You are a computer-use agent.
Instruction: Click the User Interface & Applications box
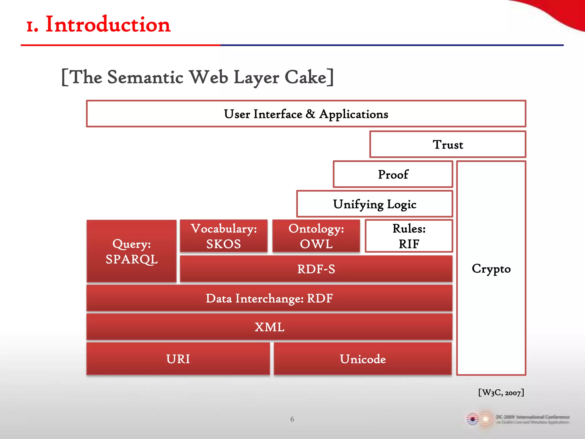click(306, 114)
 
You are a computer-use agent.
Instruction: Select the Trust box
click(448, 144)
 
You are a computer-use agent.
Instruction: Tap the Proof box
click(393, 174)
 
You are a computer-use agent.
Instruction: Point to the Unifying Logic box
click(374, 204)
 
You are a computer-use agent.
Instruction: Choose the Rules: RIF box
click(409, 236)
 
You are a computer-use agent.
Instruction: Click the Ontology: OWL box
click(316, 236)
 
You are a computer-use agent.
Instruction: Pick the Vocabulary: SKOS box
click(224, 236)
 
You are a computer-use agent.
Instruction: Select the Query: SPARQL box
click(131, 251)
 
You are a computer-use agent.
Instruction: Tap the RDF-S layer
click(316, 269)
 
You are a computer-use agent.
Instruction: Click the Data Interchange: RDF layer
click(269, 298)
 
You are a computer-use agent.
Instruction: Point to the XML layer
click(269, 327)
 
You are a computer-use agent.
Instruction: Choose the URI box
click(178, 359)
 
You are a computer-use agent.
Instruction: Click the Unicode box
click(363, 359)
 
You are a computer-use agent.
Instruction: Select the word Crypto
click(491, 269)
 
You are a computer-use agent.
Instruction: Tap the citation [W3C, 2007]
click(501, 392)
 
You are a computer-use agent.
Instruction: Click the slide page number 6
click(292, 419)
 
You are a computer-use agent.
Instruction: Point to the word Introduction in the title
click(108, 25)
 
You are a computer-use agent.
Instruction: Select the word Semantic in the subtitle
click(145, 77)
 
